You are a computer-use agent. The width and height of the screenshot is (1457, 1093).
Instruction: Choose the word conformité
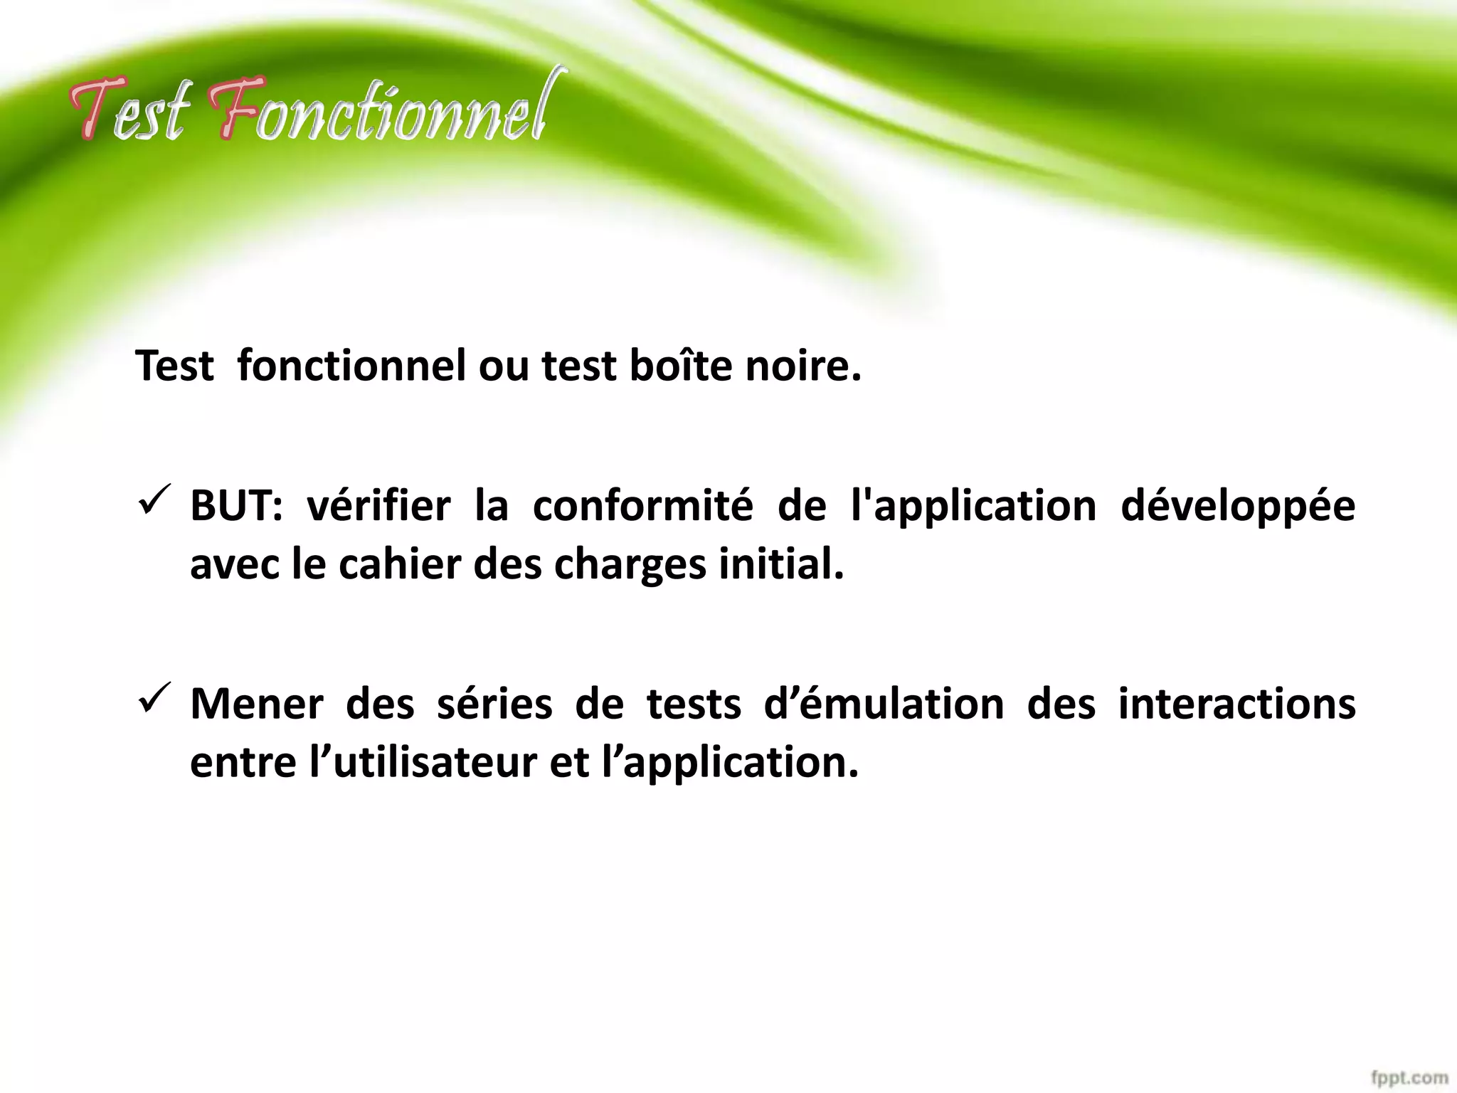click(642, 506)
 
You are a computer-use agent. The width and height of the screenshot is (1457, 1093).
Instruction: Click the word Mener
click(256, 704)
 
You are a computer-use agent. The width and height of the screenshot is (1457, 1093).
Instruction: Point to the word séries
click(494, 704)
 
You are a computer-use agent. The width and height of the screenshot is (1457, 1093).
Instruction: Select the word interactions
click(1237, 704)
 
